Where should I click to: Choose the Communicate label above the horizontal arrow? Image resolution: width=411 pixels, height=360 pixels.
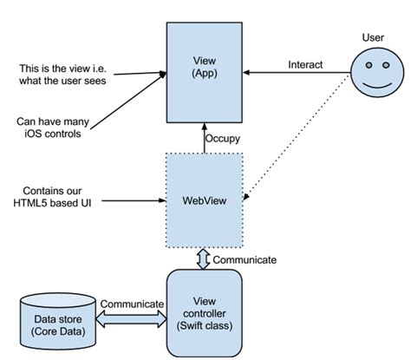pos(132,304)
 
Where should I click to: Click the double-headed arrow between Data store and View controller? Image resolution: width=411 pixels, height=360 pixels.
pos(132,320)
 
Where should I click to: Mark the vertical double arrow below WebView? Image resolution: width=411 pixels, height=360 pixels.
pos(205,259)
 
